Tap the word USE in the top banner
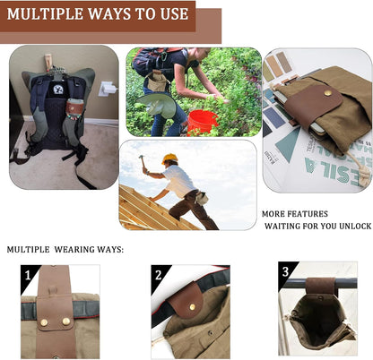pyautogui.click(x=170, y=14)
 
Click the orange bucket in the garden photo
pyautogui.click(x=202, y=119)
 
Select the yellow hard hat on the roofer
pyautogui.click(x=169, y=159)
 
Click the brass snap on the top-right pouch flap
pyautogui.click(x=326, y=91)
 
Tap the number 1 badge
pyautogui.click(x=30, y=275)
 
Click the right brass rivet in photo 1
pyautogui.click(x=65, y=320)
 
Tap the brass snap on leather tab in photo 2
pyautogui.click(x=191, y=306)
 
